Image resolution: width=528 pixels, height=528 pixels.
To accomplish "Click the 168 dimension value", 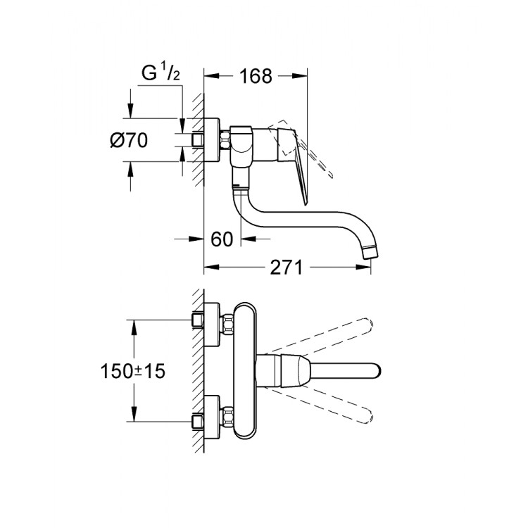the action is coord(256,77).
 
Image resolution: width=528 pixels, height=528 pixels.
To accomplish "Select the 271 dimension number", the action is coord(287,268).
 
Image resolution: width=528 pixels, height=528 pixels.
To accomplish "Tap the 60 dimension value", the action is coord(222,239).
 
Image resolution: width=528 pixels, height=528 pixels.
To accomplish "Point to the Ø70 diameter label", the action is coord(129,140).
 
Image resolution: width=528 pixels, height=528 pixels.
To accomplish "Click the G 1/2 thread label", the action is coord(161,73).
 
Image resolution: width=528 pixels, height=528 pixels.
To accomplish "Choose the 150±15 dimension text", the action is coord(133,371).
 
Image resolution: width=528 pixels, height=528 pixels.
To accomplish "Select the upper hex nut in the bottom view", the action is coord(228,325).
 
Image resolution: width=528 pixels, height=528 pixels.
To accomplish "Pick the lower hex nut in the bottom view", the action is coord(228,417).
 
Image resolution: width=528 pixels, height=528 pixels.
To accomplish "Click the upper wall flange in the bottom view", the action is coord(212,325).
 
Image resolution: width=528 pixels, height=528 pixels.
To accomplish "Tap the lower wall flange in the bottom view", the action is coord(212,417).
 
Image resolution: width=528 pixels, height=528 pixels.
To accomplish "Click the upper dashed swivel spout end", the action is coord(366,325).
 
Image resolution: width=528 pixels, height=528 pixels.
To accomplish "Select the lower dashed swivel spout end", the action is coord(366,416).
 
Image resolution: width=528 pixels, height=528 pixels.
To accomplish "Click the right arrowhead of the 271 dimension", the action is coord(364,268).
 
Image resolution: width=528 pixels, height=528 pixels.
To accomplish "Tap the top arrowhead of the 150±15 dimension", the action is coord(134,327).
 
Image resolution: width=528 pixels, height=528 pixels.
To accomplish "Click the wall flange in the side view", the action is coord(212,140).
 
